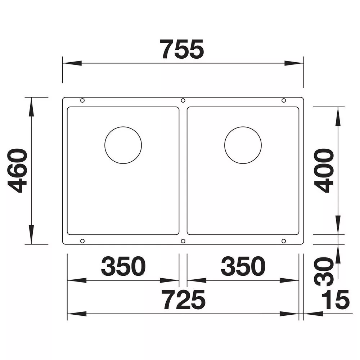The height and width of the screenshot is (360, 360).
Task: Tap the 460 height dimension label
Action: coord(17,170)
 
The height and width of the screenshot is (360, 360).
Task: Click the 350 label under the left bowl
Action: coord(123,266)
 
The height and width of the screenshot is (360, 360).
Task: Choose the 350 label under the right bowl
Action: coord(243,266)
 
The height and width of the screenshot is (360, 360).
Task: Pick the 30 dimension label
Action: coord(324,272)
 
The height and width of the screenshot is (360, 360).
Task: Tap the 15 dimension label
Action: coord(336,300)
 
